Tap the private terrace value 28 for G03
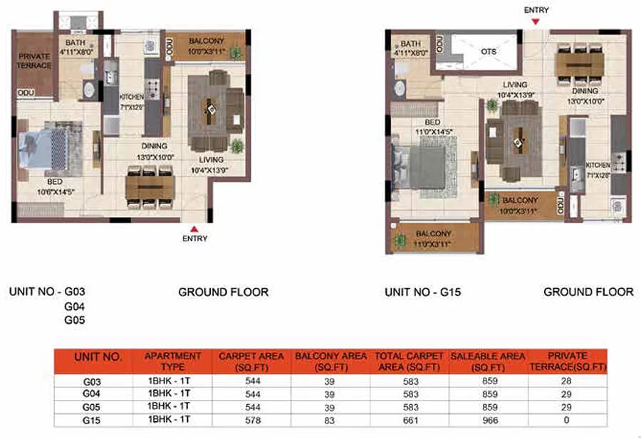click(567, 381)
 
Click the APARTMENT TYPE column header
click(173, 361)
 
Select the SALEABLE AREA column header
click(488, 361)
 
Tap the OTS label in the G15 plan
click(489, 52)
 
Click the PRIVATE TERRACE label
click(35, 61)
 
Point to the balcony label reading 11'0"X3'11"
click(434, 238)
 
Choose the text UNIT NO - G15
click(423, 292)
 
